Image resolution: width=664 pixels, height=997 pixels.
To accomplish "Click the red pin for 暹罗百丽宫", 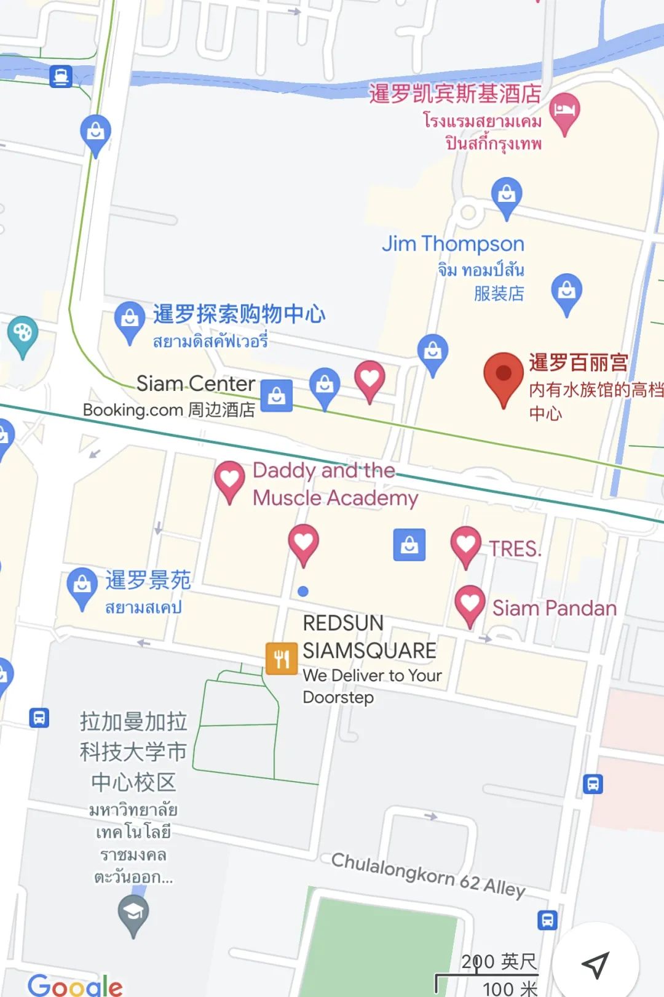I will pyautogui.click(x=504, y=375).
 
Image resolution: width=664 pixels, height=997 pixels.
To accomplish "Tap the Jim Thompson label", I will pyautogui.click(x=453, y=244).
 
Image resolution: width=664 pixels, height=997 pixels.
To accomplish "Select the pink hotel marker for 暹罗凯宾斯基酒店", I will pyautogui.click(x=564, y=111).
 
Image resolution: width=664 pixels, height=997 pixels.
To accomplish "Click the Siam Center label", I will pyautogui.click(x=196, y=384).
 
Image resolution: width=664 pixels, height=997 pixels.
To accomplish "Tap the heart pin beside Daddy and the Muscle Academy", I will pyautogui.click(x=229, y=479).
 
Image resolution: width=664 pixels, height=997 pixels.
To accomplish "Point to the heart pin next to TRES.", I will pyautogui.click(x=465, y=544).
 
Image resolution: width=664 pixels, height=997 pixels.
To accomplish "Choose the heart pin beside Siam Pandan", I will pyautogui.click(x=470, y=604).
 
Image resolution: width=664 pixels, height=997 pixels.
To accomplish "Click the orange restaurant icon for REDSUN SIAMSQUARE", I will pyautogui.click(x=281, y=659).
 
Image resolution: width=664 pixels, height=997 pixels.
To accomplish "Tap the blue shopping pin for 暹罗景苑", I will pyautogui.click(x=82, y=586).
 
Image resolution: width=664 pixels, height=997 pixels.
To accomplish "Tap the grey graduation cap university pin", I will pyautogui.click(x=133, y=913).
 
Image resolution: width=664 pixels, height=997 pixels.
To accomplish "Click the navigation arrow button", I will pyautogui.click(x=595, y=964).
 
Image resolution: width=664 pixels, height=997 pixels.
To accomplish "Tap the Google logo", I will pyautogui.click(x=75, y=984).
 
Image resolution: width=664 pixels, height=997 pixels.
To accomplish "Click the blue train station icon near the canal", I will pyautogui.click(x=61, y=76).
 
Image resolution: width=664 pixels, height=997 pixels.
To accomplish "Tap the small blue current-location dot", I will pyautogui.click(x=303, y=591).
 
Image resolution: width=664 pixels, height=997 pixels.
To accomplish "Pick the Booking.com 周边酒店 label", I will pyautogui.click(x=169, y=410).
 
